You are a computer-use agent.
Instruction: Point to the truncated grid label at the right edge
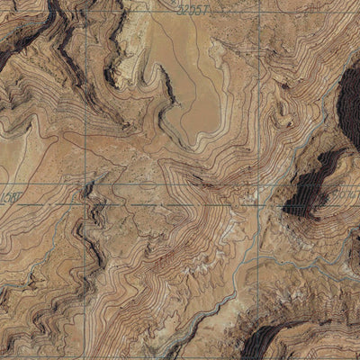[x=352, y=193]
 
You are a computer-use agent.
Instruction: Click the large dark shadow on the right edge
[x=348, y=103]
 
